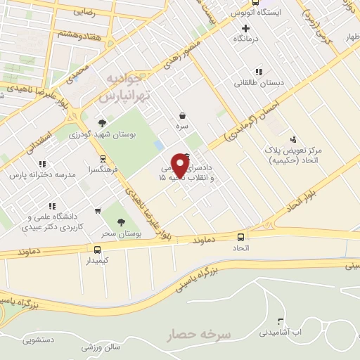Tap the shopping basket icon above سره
point(183,115)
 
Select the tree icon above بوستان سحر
point(121,221)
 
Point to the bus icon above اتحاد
point(241,238)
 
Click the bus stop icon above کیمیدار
point(97,249)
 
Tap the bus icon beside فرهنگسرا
point(103,159)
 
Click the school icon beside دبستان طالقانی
point(259,71)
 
